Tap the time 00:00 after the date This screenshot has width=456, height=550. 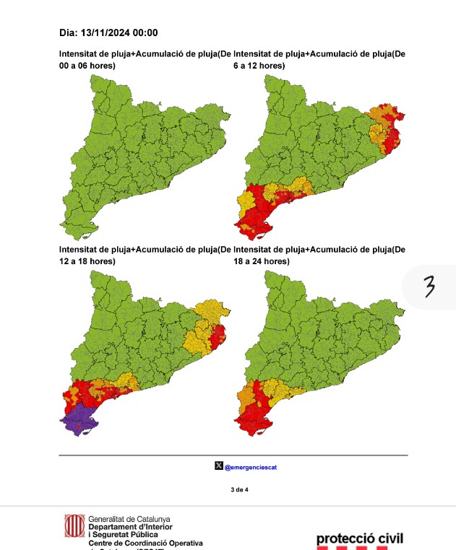pyautogui.click(x=145, y=32)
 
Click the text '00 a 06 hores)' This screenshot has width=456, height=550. pyautogui.click(x=87, y=66)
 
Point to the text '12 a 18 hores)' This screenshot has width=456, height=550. pyautogui.click(x=87, y=261)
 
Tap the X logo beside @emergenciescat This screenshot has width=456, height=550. pyautogui.click(x=219, y=466)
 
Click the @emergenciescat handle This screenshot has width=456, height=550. pyautogui.click(x=251, y=467)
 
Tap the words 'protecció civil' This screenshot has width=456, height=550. pyautogui.click(x=359, y=538)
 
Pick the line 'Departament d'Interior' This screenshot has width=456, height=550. pyautogui.click(x=129, y=527)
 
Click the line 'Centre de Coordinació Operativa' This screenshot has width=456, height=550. pyautogui.click(x=145, y=542)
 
